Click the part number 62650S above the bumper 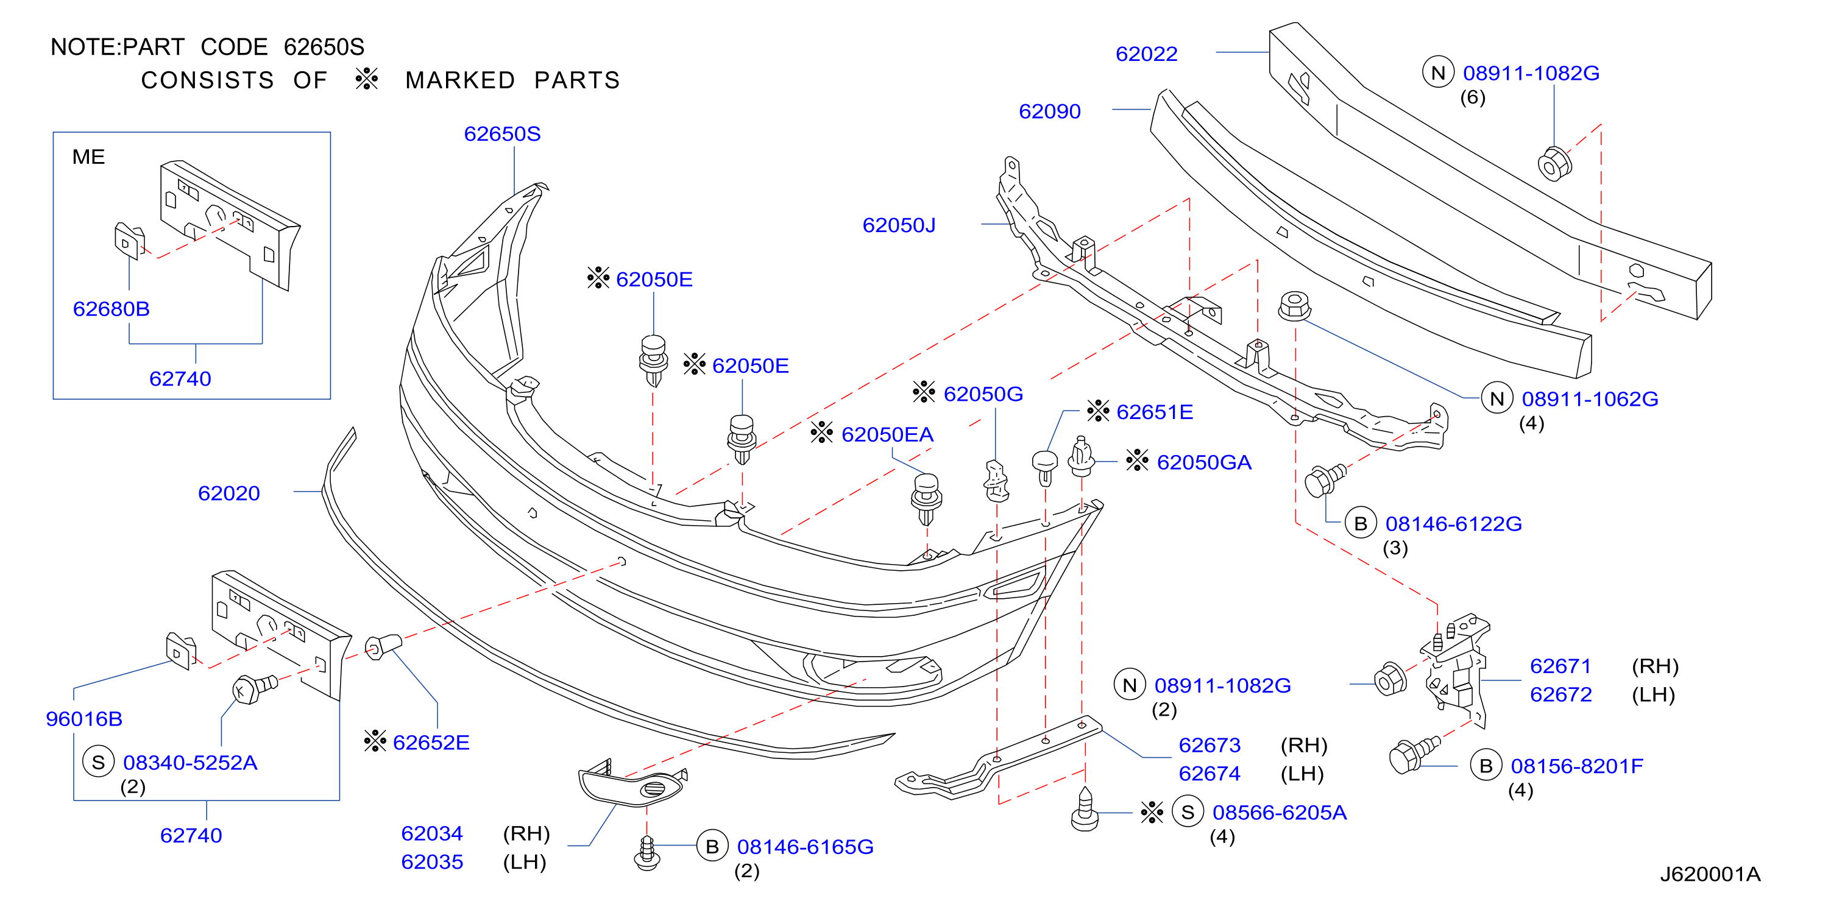tap(502, 133)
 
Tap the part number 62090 tap(1049, 111)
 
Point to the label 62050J tap(899, 225)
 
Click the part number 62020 tap(229, 493)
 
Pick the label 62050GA tap(1203, 463)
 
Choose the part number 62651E tap(1154, 412)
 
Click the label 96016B tap(84, 719)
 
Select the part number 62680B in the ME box tap(111, 309)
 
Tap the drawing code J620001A tap(1710, 874)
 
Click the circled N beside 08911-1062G tap(1497, 398)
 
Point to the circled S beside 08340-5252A tap(98, 762)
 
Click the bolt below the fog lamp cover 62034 tap(647, 853)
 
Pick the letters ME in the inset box tap(88, 157)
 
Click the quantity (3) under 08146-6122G tap(1395, 548)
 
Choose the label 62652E tap(431, 743)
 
